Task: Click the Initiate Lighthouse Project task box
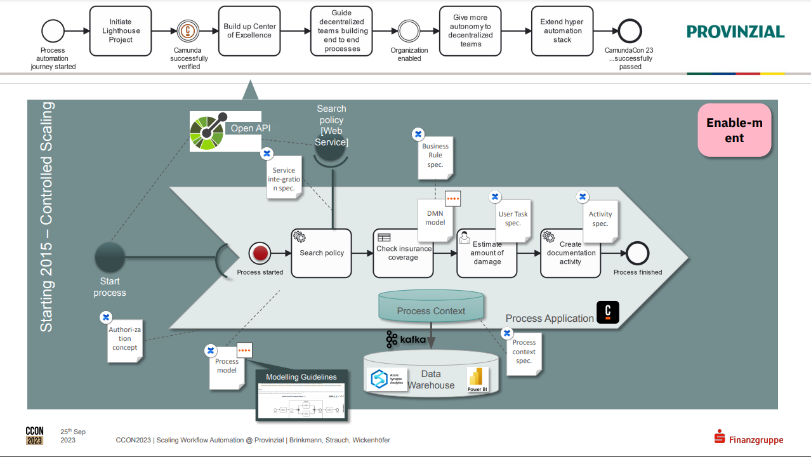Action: click(x=121, y=30)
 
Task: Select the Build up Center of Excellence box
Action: click(x=249, y=30)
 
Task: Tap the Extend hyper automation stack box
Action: click(x=562, y=30)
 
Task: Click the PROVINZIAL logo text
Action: click(x=735, y=32)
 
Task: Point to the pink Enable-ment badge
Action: click(x=734, y=131)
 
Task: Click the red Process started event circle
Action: click(x=260, y=253)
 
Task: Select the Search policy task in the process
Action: click(x=321, y=253)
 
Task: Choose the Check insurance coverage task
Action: click(x=403, y=253)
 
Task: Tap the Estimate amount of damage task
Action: click(x=487, y=253)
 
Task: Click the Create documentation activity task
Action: click(x=570, y=253)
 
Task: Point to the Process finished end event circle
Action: click(x=637, y=253)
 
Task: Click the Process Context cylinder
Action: click(x=431, y=307)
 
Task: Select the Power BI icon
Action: click(x=475, y=379)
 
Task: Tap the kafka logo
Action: click(x=406, y=340)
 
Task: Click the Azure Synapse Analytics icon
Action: click(x=379, y=379)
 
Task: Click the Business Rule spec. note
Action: click(x=435, y=156)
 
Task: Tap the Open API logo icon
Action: click(x=208, y=131)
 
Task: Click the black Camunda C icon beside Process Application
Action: click(x=608, y=312)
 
